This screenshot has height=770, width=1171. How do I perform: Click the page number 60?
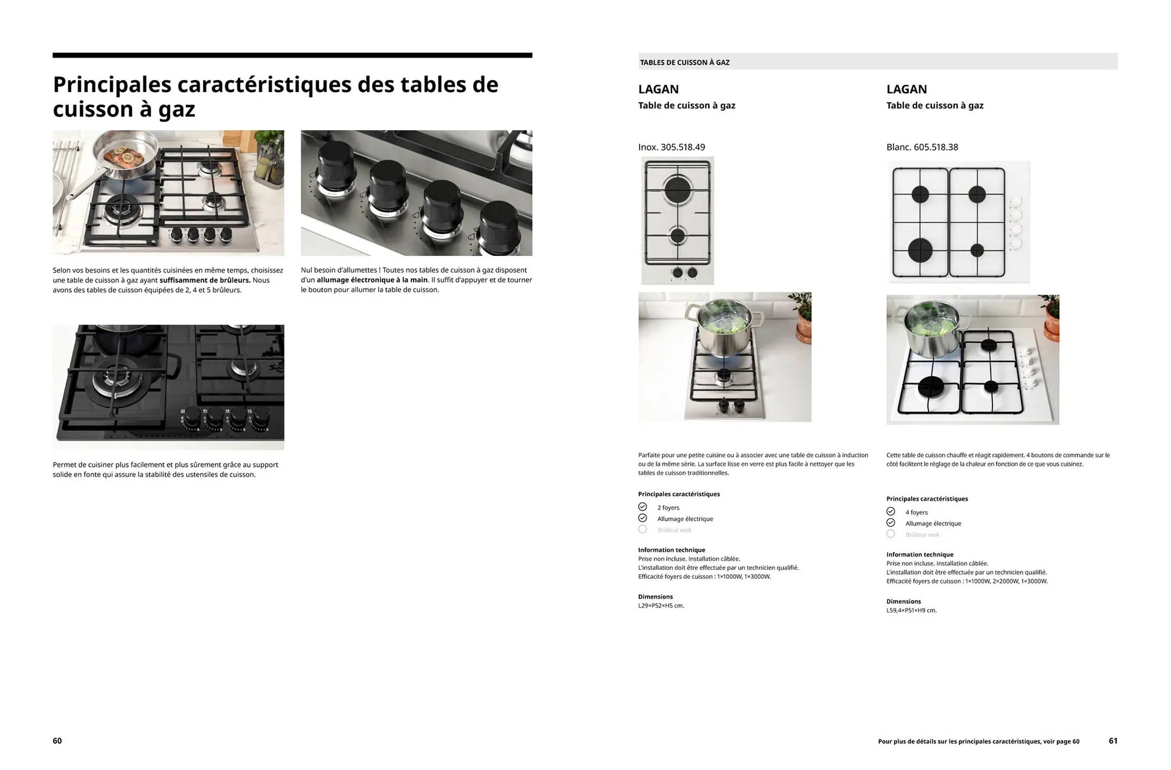pyautogui.click(x=57, y=741)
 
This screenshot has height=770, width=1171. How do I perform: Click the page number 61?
pyautogui.click(x=1113, y=741)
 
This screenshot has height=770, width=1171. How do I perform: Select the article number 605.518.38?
pyautogui.click(x=935, y=147)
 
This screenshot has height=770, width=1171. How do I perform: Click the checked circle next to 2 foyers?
pyautogui.click(x=643, y=507)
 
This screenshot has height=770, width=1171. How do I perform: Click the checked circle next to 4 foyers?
pyautogui.click(x=890, y=512)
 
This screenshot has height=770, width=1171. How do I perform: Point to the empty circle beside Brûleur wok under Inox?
pyautogui.click(x=643, y=529)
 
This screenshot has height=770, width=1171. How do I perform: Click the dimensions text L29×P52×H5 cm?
pyautogui.click(x=661, y=606)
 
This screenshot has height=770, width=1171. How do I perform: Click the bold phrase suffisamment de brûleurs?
pyautogui.click(x=205, y=280)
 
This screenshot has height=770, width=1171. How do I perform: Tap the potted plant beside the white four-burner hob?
pyautogui.click(x=1051, y=320)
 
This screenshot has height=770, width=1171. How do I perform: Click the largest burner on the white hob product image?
pyautogui.click(x=920, y=249)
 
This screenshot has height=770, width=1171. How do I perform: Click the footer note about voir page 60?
pyautogui.click(x=978, y=742)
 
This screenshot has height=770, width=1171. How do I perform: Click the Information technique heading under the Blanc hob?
pyautogui.click(x=920, y=554)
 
